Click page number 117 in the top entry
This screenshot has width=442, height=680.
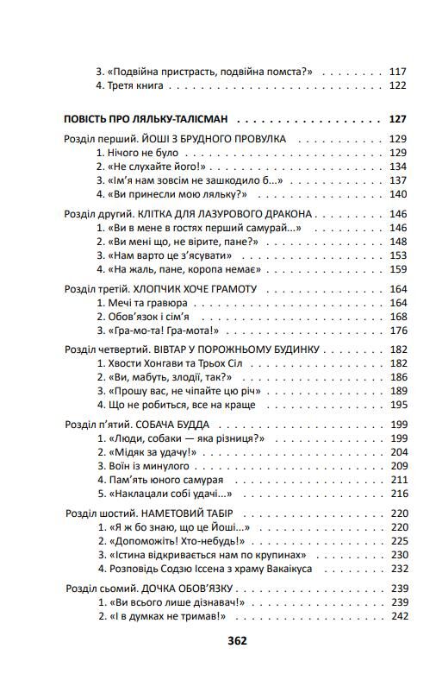(x=397, y=72)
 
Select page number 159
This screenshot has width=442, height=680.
(x=397, y=269)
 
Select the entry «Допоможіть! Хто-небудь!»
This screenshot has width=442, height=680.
(x=168, y=541)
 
